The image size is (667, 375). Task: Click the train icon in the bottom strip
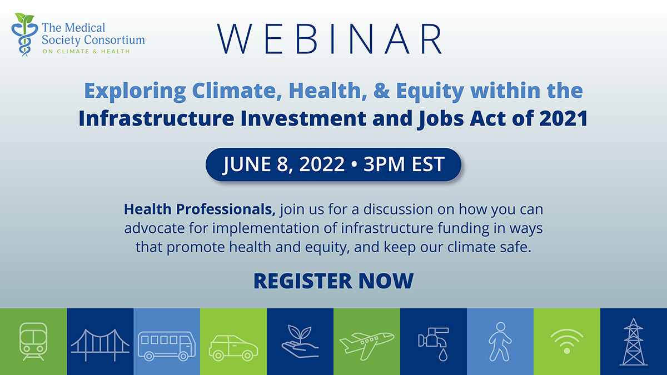pos(33,341)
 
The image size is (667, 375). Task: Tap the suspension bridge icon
pos(100,344)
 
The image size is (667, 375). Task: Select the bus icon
pos(167,346)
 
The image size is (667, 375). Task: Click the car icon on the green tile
pos(233,348)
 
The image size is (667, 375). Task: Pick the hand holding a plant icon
pos(300,341)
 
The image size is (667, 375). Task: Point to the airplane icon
pos(367,346)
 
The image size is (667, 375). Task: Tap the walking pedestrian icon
pos(500,342)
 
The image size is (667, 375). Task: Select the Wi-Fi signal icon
pos(567,341)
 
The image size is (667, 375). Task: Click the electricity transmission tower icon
pos(634,342)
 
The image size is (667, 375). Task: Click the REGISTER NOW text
pos(333,281)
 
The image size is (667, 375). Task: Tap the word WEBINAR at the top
pos(330,39)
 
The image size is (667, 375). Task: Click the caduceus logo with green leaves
pos(24,35)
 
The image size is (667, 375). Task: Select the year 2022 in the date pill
pos(322,164)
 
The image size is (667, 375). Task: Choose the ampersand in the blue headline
pos(381,91)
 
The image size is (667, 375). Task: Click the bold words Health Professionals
pos(200,209)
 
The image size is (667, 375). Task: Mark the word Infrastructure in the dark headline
pos(156,118)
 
